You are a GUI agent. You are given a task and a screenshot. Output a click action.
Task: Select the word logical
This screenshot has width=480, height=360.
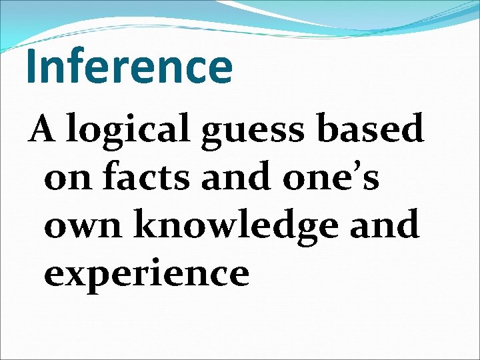[130, 130]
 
